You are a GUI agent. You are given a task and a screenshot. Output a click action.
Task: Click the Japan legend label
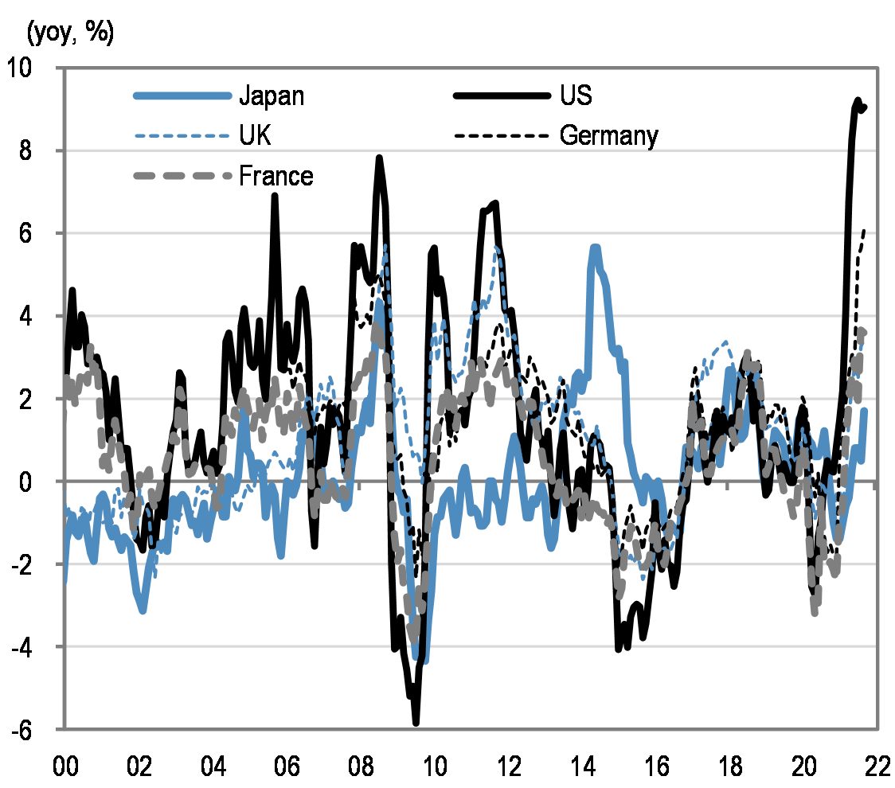tap(272, 96)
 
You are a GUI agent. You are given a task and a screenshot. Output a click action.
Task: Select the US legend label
tap(576, 96)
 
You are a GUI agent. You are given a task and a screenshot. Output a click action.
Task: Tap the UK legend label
tap(255, 136)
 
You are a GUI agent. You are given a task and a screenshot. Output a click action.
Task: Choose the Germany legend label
tap(609, 136)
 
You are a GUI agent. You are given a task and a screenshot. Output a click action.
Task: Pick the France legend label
tap(276, 176)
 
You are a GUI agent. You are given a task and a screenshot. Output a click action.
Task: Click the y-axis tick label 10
tap(34, 68)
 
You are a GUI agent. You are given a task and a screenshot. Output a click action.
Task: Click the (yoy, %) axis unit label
tap(71, 33)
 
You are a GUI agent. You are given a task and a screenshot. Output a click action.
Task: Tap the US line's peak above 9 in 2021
tap(858, 100)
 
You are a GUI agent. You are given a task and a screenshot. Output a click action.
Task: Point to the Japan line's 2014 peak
tap(595, 248)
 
